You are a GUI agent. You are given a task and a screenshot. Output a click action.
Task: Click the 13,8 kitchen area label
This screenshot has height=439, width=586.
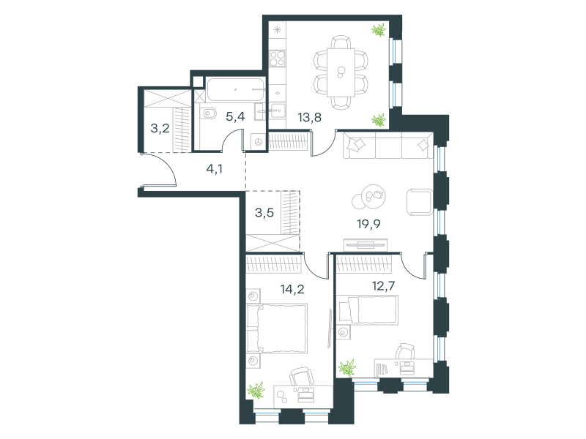pyautogui.click(x=309, y=118)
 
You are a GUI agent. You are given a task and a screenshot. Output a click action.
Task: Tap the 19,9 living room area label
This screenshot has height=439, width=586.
pyautogui.click(x=368, y=224)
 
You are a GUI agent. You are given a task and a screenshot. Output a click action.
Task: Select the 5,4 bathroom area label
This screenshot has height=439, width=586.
pyautogui.click(x=235, y=116)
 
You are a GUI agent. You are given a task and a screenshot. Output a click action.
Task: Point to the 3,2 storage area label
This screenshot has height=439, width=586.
pyautogui.click(x=160, y=129)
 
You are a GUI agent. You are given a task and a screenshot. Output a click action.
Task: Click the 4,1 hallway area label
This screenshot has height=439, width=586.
pyautogui.click(x=215, y=169)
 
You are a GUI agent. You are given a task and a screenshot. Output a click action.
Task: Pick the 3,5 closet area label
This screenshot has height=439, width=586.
pyautogui.click(x=264, y=213)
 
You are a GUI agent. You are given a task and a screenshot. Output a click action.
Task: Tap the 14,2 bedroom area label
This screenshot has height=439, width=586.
pyautogui.click(x=292, y=289)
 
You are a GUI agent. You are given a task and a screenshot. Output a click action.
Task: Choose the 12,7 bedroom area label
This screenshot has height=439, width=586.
pyautogui.click(x=383, y=286)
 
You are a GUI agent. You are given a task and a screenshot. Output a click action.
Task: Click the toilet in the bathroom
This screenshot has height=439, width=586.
pyautogui.click(x=208, y=113)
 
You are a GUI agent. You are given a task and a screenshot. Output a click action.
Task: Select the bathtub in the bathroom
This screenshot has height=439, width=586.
pyautogui.click(x=235, y=89)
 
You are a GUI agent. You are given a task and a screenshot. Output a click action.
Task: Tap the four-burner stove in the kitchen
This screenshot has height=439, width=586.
pyautogui.click(x=278, y=59)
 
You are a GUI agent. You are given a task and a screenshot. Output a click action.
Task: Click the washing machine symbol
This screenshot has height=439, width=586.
pyautogui.click(x=259, y=141)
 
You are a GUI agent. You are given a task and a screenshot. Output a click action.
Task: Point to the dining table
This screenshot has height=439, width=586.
pyautogui.click(x=341, y=72)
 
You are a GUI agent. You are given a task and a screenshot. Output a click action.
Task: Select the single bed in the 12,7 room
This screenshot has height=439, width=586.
pyautogui.click(x=368, y=309)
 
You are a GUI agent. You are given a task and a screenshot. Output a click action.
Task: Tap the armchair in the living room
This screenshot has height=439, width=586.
pyautogui.click(x=420, y=202)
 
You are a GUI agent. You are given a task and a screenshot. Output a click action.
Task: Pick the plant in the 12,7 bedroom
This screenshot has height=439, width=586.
pyautogui.click(x=347, y=367)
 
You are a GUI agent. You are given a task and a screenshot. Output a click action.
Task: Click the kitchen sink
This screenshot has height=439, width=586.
pyautogui.click(x=278, y=111)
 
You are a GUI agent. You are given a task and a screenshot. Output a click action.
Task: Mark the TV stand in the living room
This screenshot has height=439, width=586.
pyautogui.click(x=366, y=245)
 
